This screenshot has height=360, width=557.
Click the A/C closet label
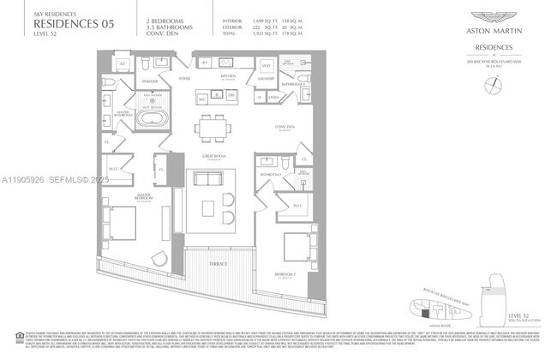tap(123, 64)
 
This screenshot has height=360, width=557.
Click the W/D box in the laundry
tap(266, 65)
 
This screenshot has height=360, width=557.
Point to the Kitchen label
tap(228, 75)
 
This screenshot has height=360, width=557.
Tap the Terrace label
tap(220, 265)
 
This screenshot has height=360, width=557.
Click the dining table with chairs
tap(213, 128)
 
